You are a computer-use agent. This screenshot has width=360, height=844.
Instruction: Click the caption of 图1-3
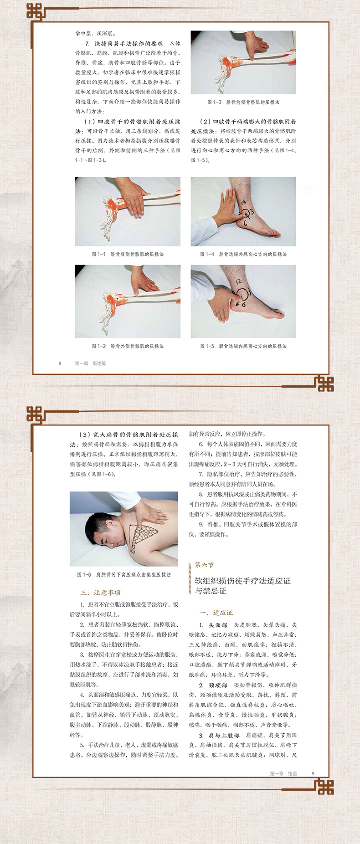[x=243, y=102]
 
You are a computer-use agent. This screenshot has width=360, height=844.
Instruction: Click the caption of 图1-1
[x=128, y=254]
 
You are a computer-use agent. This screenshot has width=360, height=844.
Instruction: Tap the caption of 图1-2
[x=128, y=346]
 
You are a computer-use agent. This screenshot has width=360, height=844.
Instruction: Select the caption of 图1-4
[x=243, y=254]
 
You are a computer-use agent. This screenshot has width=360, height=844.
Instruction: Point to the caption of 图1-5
[x=243, y=346]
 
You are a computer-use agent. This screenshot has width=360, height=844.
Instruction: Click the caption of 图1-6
[x=124, y=575]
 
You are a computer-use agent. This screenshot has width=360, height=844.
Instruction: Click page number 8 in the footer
[x=60, y=363]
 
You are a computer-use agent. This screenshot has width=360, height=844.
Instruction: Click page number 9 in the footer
[x=313, y=773]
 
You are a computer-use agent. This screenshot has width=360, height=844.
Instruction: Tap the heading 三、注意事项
[x=101, y=593]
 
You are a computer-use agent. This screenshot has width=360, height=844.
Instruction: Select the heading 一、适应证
[x=216, y=613]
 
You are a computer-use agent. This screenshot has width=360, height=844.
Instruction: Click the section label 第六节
[x=204, y=565]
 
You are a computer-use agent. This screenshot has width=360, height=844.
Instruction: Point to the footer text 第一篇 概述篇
[x=90, y=363]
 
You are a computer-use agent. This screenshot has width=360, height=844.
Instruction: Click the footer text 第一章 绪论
[x=283, y=773]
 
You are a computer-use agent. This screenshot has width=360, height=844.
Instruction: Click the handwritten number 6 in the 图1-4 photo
[x=245, y=224]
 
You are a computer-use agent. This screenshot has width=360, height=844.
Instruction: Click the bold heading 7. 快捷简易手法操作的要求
[x=124, y=43]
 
